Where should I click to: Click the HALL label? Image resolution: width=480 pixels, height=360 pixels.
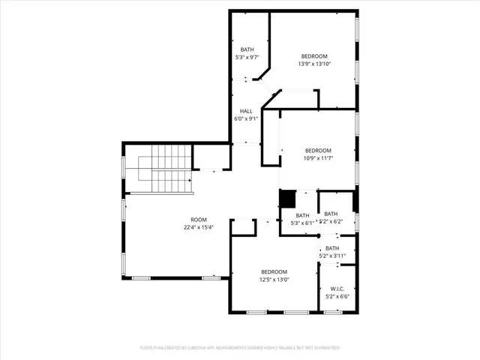point(246,110)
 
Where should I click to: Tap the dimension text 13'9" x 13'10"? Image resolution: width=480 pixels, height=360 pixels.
point(314,64)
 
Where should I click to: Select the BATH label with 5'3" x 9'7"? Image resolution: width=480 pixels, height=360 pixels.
point(247,49)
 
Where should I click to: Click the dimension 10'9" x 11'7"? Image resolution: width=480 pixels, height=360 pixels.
point(317,158)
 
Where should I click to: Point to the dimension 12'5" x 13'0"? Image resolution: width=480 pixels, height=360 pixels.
point(274,280)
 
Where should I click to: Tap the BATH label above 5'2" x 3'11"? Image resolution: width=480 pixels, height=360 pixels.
point(331,248)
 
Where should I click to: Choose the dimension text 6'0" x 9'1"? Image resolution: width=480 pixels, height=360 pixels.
point(246,118)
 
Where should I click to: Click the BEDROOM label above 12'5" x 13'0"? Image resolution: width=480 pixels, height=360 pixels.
point(274,271)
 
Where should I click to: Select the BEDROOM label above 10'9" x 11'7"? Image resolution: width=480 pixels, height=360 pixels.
point(317,150)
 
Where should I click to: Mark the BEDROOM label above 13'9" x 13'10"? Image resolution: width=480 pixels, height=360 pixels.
point(314,56)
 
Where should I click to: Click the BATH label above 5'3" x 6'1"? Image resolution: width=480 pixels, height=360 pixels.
point(302,215)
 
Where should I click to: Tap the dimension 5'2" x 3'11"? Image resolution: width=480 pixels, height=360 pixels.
point(331,256)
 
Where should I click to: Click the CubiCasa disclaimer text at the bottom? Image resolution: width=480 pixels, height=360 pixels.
point(240,348)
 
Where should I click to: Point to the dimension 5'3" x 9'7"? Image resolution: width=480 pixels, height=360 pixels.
point(247,58)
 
